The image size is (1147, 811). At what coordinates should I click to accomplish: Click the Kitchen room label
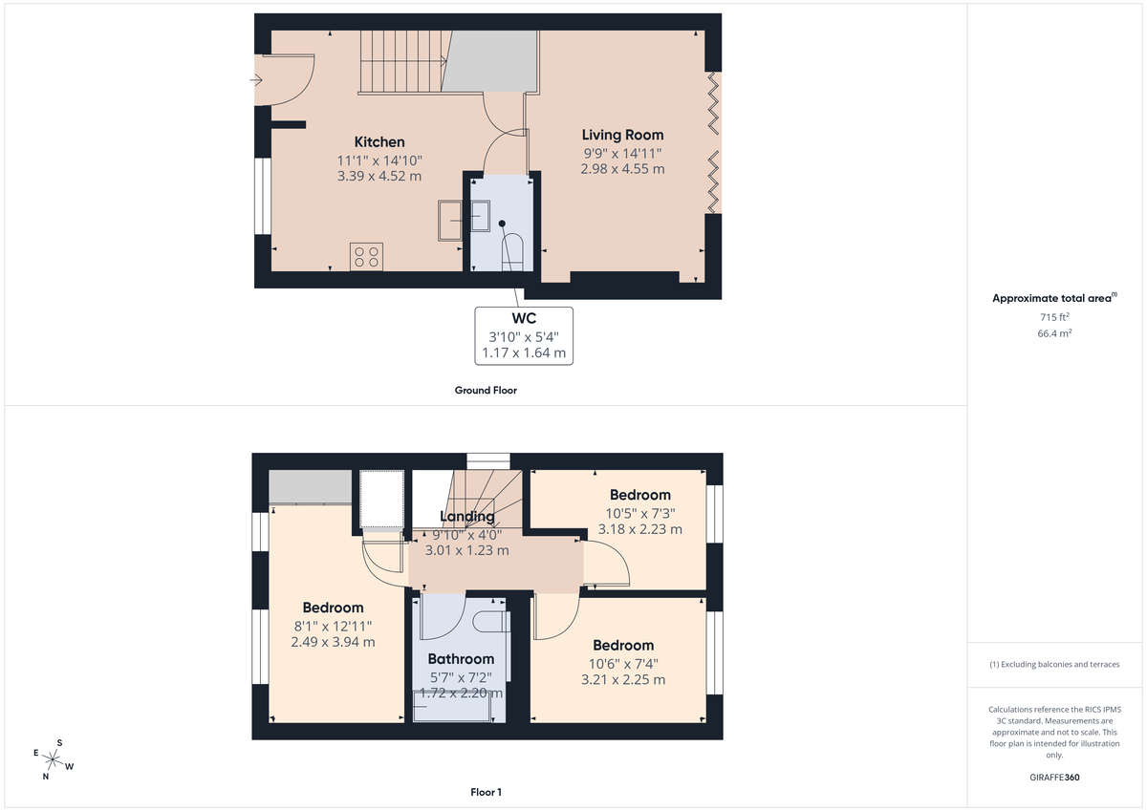379,142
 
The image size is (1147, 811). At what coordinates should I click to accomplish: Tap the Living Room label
622,135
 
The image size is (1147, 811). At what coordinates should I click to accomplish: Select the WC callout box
524,335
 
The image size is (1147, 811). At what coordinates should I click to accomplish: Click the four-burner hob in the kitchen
366,256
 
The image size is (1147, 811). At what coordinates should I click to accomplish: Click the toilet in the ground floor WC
512,250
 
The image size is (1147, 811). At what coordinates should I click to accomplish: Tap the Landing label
466,517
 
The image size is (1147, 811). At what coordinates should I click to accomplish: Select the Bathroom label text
461,659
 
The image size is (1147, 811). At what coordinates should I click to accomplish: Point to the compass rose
53,759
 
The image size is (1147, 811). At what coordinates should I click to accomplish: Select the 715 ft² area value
1054,316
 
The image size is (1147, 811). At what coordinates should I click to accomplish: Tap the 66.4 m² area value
1054,334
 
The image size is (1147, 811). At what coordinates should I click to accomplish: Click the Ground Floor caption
486,391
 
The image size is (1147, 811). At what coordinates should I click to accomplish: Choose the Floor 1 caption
486,792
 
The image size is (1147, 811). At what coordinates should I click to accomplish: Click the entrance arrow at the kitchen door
256,80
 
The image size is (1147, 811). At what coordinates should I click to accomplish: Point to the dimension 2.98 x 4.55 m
622,169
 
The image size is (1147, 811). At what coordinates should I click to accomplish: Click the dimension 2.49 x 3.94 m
333,642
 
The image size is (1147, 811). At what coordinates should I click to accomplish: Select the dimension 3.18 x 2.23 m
639,529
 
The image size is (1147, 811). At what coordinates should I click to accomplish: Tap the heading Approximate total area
1052,298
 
